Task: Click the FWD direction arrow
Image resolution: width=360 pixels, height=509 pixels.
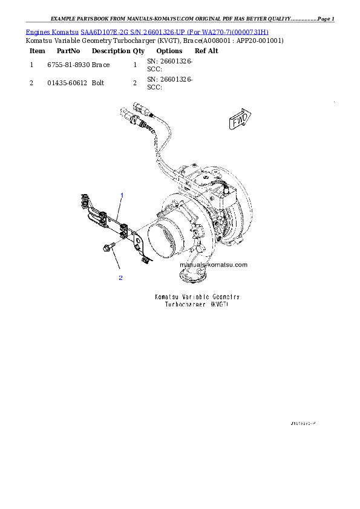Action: coord(241,120)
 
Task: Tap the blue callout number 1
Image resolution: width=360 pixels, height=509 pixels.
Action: coord(122,195)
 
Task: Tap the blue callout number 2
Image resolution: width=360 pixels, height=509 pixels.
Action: coord(120,277)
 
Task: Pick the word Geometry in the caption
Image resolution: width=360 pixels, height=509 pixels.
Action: coord(226,297)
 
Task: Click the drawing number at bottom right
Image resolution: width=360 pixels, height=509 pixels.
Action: coord(303,424)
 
